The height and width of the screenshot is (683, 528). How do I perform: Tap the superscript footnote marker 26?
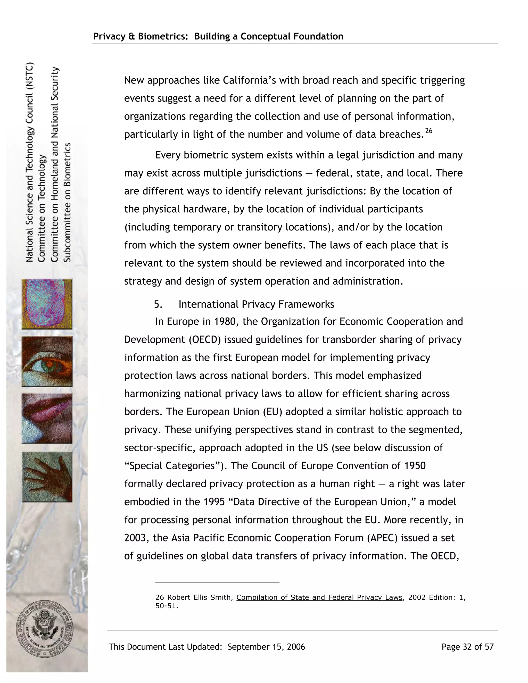click(x=428, y=131)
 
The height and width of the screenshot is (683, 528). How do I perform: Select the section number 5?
click(x=158, y=304)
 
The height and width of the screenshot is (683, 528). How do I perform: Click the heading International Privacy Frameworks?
click(x=256, y=304)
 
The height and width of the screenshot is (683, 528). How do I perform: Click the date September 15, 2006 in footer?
click(x=266, y=647)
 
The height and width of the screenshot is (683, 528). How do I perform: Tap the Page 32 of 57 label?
click(x=467, y=647)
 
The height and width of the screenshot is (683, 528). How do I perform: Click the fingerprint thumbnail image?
click(x=47, y=304)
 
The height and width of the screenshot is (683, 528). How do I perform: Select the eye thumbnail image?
click(x=47, y=361)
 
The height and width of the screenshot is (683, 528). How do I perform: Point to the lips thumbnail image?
click(x=47, y=418)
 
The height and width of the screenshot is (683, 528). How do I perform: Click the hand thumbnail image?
click(x=47, y=477)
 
